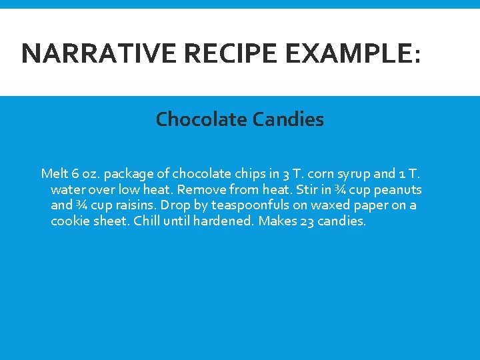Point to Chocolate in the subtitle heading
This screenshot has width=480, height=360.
click(201, 119)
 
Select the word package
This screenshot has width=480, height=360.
click(130, 175)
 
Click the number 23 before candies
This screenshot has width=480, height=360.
click(307, 221)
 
